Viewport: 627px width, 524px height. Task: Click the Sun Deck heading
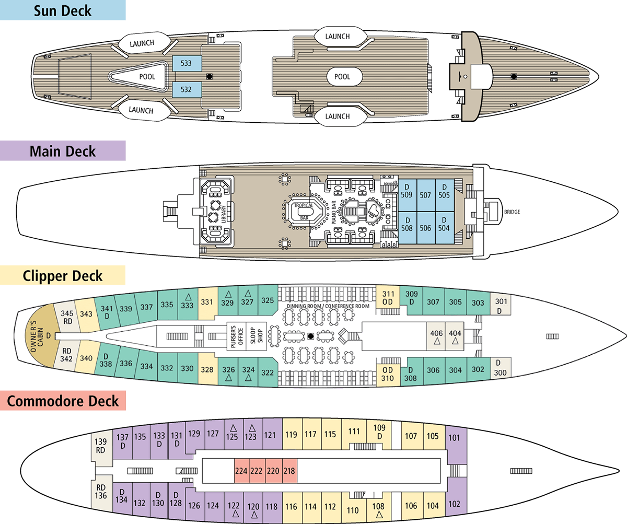pyautogui.click(x=63, y=11)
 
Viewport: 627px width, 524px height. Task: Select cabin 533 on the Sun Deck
pyautogui.click(x=187, y=63)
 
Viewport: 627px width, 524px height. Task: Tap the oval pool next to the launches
pyautogui.click(x=344, y=77)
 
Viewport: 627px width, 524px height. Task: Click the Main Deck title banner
pyautogui.click(x=63, y=151)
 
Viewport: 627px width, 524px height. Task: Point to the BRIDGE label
pyautogui.click(x=512, y=212)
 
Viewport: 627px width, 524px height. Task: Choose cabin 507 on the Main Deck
pyautogui.click(x=425, y=195)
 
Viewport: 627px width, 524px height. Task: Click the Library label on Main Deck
pyautogui.click(x=224, y=214)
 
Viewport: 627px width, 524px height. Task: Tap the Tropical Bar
pyautogui.click(x=304, y=212)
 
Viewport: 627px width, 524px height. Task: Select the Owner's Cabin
pyautogui.click(x=41, y=336)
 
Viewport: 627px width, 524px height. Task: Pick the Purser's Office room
pyautogui.click(x=236, y=336)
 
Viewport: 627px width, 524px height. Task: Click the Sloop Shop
pyautogui.click(x=256, y=336)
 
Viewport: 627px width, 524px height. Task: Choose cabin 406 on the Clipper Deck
pyautogui.click(x=436, y=336)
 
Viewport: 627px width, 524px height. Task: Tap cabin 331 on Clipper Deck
pyautogui.click(x=207, y=301)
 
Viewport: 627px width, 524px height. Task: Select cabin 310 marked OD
pyautogui.click(x=388, y=374)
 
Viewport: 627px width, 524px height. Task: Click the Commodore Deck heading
pyautogui.click(x=63, y=401)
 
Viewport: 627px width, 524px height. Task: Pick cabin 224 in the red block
pyautogui.click(x=241, y=471)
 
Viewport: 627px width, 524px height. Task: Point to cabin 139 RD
pyautogui.click(x=101, y=446)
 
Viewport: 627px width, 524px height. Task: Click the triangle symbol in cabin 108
pyautogui.click(x=379, y=515)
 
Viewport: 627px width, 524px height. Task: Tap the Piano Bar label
pyautogui.click(x=334, y=213)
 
